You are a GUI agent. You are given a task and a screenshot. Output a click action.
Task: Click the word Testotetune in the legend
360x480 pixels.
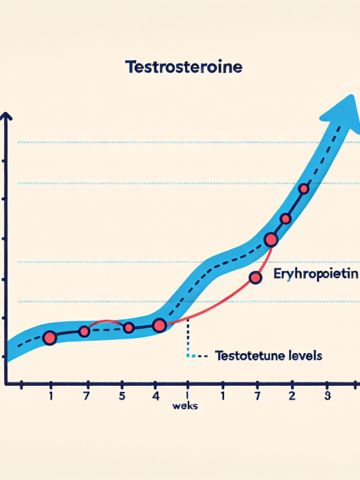pyautogui.click(x=247, y=356)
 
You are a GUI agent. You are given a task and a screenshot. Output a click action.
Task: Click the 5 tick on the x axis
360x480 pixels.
pyautogui.click(x=122, y=395)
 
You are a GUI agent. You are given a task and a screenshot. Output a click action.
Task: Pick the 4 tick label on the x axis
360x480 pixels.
pyautogui.click(x=156, y=395)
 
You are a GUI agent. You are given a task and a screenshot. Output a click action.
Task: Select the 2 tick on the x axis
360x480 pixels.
pyautogui.click(x=292, y=395)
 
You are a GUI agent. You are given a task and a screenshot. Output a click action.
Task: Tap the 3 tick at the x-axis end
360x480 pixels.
pyautogui.click(x=327, y=395)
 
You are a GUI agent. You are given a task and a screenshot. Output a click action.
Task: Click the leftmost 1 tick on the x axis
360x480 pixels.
pyautogui.click(x=51, y=395)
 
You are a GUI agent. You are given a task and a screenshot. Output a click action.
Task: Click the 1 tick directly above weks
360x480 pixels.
pyautogui.click(x=186, y=395)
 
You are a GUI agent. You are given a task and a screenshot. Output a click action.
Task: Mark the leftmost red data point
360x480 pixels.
pyautogui.click(x=49, y=337)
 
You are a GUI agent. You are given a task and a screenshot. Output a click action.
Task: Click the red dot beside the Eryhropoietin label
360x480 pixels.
pyautogui.click(x=255, y=277)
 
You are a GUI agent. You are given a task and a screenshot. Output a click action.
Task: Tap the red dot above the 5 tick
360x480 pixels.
pyautogui.click(x=128, y=328)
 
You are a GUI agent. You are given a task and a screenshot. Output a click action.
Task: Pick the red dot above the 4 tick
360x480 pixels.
pyautogui.click(x=159, y=325)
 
